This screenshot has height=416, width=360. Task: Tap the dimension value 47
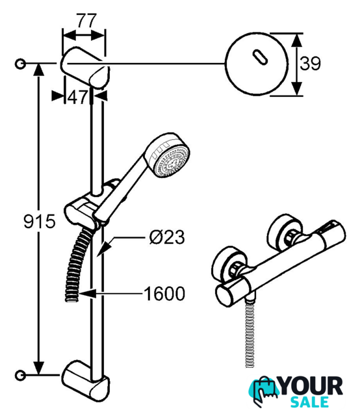pyautogui.click(x=77, y=97)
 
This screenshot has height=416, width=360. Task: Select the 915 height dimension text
pyautogui.click(x=40, y=221)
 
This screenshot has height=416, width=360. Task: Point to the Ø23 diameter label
pyautogui.click(x=166, y=237)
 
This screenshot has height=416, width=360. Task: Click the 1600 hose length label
pyautogui.click(x=164, y=293)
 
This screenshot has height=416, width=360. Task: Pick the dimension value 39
pyautogui.click(x=310, y=64)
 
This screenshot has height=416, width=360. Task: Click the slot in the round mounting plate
pyautogui.click(x=259, y=57)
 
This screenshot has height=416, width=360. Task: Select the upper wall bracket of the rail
pyautogui.click(x=85, y=68)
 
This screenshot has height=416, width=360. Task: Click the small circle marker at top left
pyautogui.click(x=20, y=64)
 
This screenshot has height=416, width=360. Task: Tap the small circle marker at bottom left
pyautogui.click(x=20, y=375)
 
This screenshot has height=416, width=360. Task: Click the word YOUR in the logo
pyautogui.click(x=311, y=387)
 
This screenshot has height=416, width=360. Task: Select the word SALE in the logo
pyautogui.click(x=309, y=402)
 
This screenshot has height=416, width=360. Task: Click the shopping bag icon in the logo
pyautogui.click(x=263, y=389)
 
